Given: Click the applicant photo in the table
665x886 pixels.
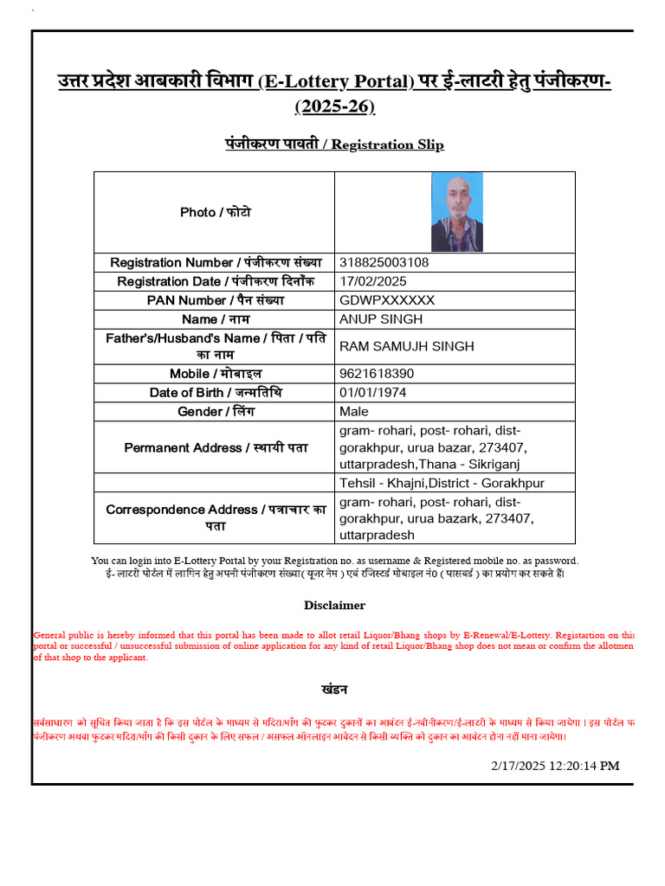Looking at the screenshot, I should coord(457,212).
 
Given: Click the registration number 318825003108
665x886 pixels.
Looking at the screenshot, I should coord(384,262).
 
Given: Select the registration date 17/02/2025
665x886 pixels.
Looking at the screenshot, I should coord(373,281).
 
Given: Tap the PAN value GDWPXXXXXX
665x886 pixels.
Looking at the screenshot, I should coord(387,300).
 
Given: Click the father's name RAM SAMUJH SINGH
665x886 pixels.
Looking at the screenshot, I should coord(407,346).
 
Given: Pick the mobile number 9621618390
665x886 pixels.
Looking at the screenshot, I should coord(377,374).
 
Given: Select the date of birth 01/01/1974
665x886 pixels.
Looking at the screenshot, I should coord(373,393).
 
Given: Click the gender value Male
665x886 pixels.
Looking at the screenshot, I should coord(354,411).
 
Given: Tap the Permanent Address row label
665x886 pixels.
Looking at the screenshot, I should coord(216,447).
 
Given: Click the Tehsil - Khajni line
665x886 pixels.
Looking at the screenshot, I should coord(442,483).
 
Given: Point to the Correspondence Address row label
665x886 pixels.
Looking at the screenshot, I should coord(216,517).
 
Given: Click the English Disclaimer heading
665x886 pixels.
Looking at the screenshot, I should coord(334,606).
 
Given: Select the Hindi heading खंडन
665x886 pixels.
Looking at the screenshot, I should coord(334,690).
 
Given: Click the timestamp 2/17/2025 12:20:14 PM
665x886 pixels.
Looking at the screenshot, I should coord(555,766).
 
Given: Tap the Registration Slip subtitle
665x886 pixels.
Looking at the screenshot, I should coord(334,144).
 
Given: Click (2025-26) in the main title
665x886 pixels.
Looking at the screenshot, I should coord(334,106).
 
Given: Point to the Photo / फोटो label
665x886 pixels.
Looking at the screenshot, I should coord(216,212).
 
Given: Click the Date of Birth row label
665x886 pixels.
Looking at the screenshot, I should coord(216,393).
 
